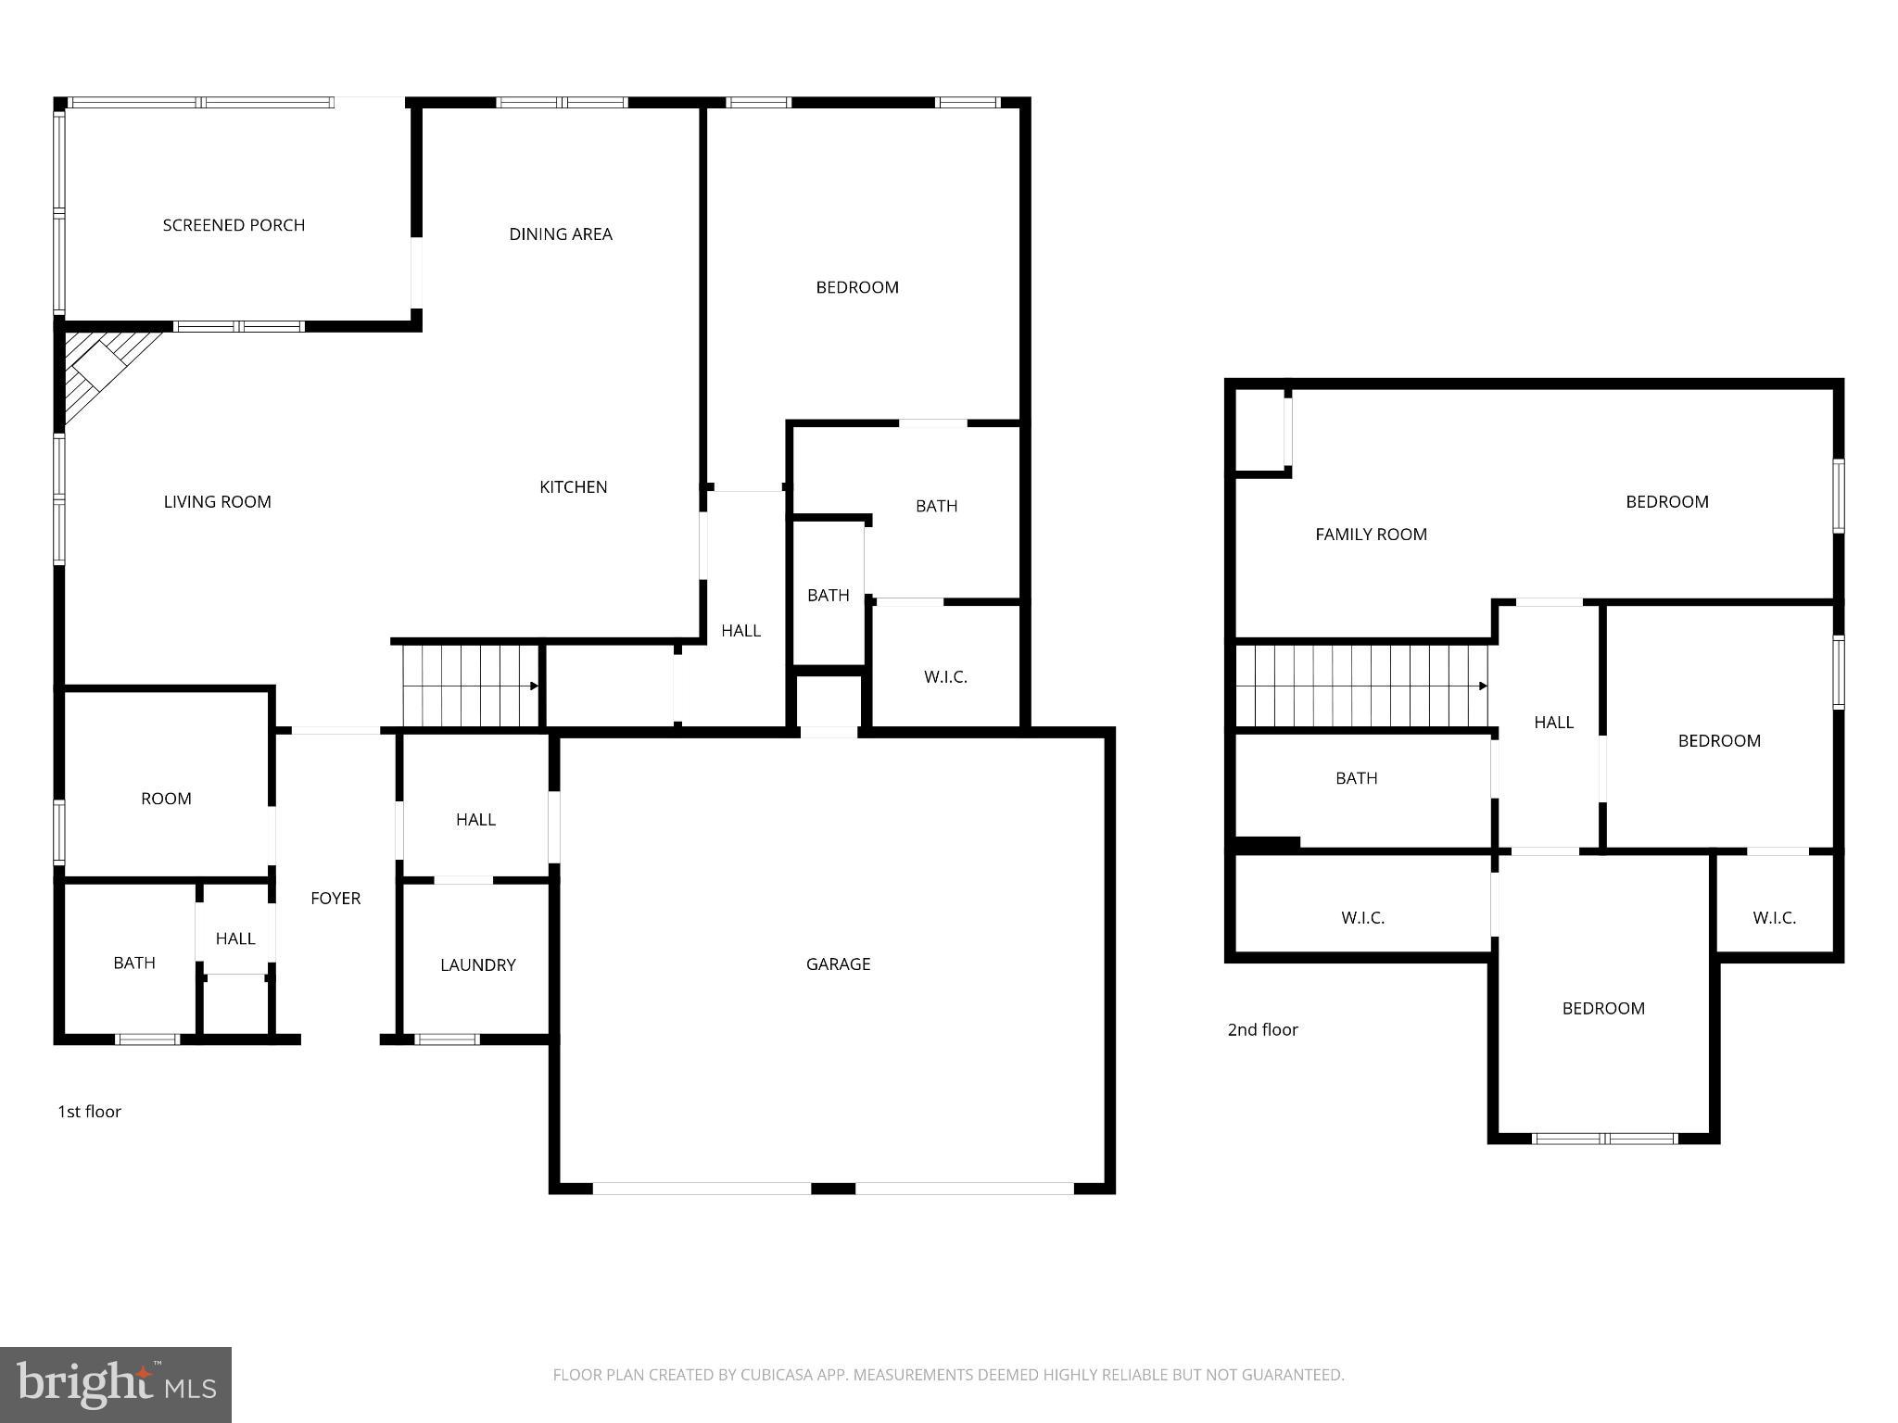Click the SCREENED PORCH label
234,225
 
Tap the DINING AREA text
561,234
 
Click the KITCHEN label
574,487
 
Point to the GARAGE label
838,964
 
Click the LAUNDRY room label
477,965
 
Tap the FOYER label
335,899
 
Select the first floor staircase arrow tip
535,686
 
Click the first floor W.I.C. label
945,677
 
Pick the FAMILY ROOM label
1371,535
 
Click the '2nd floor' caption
1262,1030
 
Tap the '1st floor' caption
89,1112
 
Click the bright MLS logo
115,1385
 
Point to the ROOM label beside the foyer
166,799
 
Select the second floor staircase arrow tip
1484,686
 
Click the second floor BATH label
1356,778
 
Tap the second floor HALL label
1553,723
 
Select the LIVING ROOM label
217,502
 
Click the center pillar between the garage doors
833,1189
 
